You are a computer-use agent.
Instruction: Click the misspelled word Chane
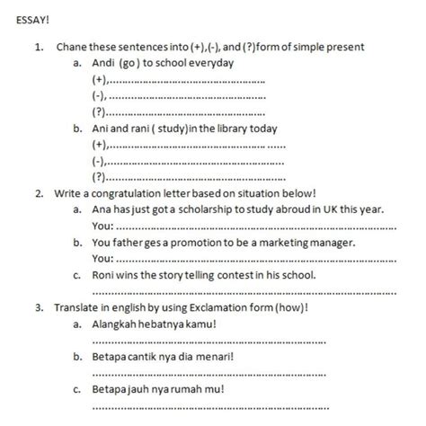coord(71,46)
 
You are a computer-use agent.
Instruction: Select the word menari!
coord(210,357)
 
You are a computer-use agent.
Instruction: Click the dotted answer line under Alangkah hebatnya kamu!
coord(207,342)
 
